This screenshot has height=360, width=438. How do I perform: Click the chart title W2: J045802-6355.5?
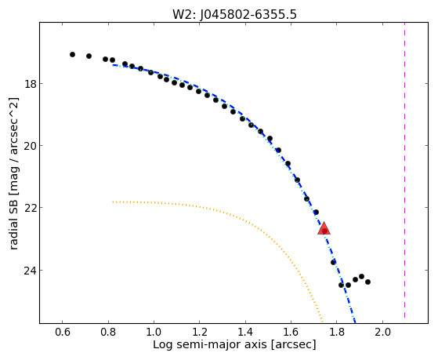tap(234, 15)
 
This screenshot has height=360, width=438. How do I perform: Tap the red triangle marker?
tap(324, 229)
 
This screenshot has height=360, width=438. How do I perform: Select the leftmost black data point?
tap(72, 55)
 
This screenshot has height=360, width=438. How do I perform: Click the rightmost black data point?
tap(368, 282)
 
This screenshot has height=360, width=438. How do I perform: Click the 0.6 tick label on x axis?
tap(63, 333)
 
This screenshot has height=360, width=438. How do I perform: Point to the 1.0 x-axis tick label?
tap(154, 333)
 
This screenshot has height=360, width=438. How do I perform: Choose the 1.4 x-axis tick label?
tap(245, 333)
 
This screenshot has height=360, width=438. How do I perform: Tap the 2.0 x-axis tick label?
tap(382, 333)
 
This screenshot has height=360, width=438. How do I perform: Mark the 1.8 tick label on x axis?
tap(337, 333)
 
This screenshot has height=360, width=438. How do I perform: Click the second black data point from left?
tap(89, 56)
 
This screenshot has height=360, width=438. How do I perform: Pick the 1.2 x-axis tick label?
tap(200, 333)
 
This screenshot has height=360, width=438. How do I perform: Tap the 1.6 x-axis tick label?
tap(291, 333)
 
